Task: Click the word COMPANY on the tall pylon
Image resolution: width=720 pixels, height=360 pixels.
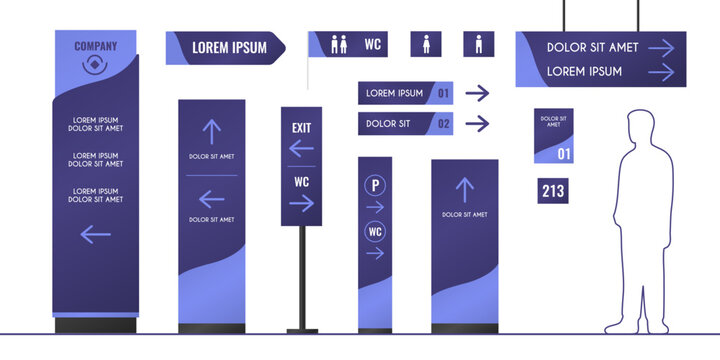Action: pos(95,46)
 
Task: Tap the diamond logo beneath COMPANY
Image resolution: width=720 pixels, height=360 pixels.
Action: pos(95,65)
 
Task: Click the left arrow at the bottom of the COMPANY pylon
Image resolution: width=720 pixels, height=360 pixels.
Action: pos(95,235)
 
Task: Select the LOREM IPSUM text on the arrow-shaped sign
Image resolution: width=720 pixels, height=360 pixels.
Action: pos(229,48)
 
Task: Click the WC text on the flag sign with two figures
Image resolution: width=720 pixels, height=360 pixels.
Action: pos(372,44)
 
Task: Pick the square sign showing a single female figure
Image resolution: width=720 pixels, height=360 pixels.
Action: pos(426,44)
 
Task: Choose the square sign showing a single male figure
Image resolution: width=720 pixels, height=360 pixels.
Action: pos(478,44)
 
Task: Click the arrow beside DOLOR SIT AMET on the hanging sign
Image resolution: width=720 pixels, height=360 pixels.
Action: pos(661,47)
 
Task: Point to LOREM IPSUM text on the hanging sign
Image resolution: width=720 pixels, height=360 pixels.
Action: pos(584,71)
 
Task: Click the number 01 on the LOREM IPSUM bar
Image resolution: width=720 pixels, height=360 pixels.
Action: pos(444,94)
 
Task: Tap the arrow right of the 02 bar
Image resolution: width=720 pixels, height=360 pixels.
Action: pos(478,124)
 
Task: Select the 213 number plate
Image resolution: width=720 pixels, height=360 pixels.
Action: pos(553,191)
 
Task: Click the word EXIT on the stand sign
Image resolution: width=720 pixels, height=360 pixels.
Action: pos(301,128)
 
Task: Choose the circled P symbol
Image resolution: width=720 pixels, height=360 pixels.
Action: pos(375,185)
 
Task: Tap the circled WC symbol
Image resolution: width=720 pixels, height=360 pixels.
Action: pos(375,232)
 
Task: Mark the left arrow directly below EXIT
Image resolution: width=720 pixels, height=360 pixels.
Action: pos(301,149)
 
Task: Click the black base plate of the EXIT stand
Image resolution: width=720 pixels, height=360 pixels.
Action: pos(301,329)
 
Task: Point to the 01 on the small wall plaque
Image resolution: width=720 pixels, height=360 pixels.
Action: pos(564,154)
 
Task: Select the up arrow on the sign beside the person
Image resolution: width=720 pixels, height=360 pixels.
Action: pos(464,190)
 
